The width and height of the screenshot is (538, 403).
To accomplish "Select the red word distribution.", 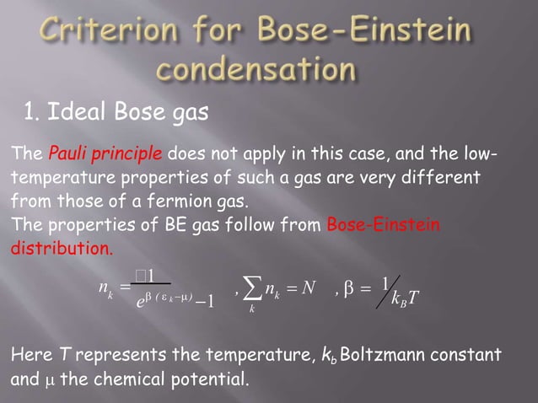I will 60,250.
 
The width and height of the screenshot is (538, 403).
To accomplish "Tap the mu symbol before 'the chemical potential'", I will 46,377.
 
